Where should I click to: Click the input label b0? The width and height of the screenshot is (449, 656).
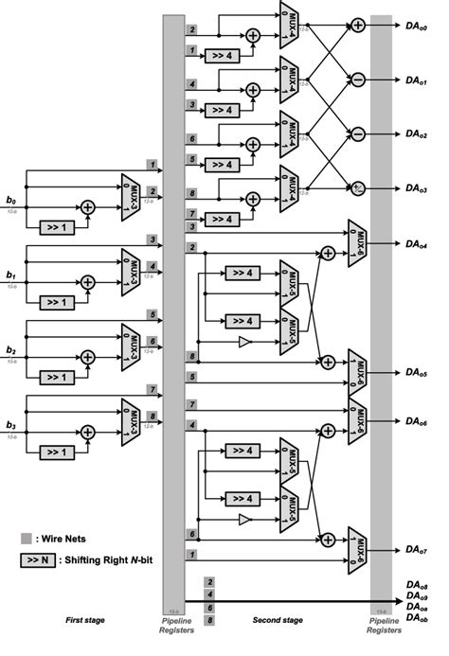(x=10, y=201)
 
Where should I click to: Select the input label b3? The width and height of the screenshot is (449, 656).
(x=10, y=425)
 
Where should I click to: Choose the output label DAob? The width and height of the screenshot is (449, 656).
(x=416, y=618)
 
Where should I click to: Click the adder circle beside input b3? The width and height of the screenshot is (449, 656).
(x=87, y=431)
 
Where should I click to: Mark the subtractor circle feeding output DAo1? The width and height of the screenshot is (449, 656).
(x=358, y=80)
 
